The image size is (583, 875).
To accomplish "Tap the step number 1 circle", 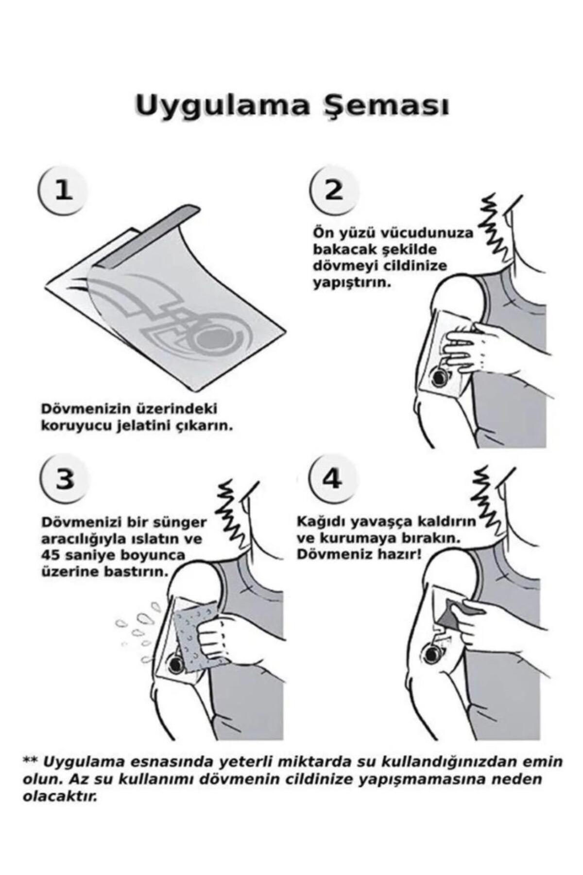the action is [x=63, y=190].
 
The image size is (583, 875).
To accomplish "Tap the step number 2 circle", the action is [x=334, y=190].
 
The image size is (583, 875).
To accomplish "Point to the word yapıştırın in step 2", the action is [x=352, y=283].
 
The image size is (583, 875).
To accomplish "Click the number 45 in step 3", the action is [x=51, y=555].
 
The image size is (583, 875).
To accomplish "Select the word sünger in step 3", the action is [x=181, y=523].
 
